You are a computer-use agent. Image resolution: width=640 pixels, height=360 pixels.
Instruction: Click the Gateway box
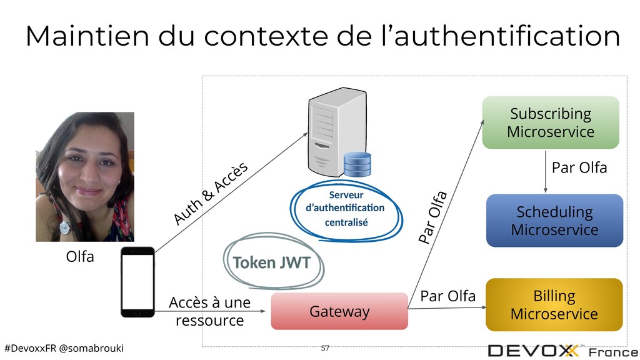tap(339, 311)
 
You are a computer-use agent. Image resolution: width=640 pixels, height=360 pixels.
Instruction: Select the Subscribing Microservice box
tap(551, 122)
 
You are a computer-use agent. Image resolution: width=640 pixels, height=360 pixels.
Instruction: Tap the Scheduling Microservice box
tap(555, 221)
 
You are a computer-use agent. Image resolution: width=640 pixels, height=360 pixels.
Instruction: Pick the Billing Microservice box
tap(554, 304)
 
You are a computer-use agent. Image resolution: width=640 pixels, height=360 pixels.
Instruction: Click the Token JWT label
tap(272, 262)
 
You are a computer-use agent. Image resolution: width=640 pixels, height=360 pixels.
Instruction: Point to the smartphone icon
tap(137, 282)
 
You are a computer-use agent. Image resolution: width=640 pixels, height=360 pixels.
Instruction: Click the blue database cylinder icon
tap(357, 164)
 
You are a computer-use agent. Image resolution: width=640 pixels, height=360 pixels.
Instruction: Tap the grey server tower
tap(337, 131)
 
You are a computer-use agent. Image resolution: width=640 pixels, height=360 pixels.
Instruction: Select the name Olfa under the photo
tap(80, 256)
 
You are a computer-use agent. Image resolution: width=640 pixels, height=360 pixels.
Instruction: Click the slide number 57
tap(325, 347)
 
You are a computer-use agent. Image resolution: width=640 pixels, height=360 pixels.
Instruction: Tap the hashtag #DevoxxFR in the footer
tap(30, 348)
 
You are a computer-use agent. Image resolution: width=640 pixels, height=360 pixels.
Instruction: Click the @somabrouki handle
tap(91, 348)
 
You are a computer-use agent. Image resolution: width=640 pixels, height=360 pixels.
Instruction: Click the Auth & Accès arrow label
tap(211, 193)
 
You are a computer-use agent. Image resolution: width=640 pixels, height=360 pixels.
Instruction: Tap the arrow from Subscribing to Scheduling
tap(545, 171)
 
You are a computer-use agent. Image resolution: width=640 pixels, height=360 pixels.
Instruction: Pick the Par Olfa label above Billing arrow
tap(447, 296)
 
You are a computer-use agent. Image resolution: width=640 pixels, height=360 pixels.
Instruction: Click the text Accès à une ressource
tap(210, 311)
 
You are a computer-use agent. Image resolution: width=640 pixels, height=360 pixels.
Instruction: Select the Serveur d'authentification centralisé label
tap(346, 209)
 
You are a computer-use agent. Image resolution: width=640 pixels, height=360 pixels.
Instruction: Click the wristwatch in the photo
tap(64, 227)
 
